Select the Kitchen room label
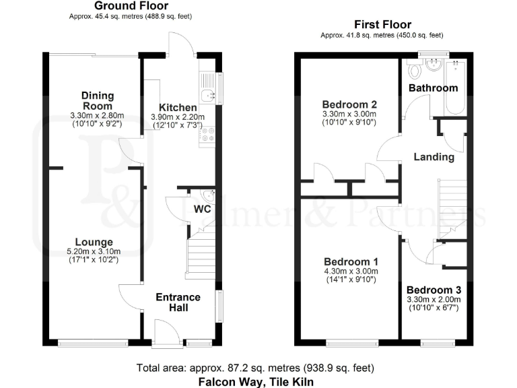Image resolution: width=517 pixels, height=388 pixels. click(x=178, y=108)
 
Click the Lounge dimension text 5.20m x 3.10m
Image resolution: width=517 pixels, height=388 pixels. click(x=94, y=252)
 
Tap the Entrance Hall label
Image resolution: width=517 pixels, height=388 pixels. click(x=178, y=302)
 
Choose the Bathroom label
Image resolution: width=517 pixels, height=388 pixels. click(x=433, y=88)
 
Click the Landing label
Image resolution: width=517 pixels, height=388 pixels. click(x=434, y=157)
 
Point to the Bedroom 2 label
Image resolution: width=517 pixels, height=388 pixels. click(x=349, y=104)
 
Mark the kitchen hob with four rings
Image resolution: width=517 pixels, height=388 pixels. click(x=206, y=135)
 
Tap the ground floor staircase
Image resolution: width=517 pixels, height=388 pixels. click(x=200, y=253)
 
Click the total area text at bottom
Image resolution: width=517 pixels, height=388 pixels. click(x=255, y=368)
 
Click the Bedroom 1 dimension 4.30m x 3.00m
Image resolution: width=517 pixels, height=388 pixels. click(x=350, y=271)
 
